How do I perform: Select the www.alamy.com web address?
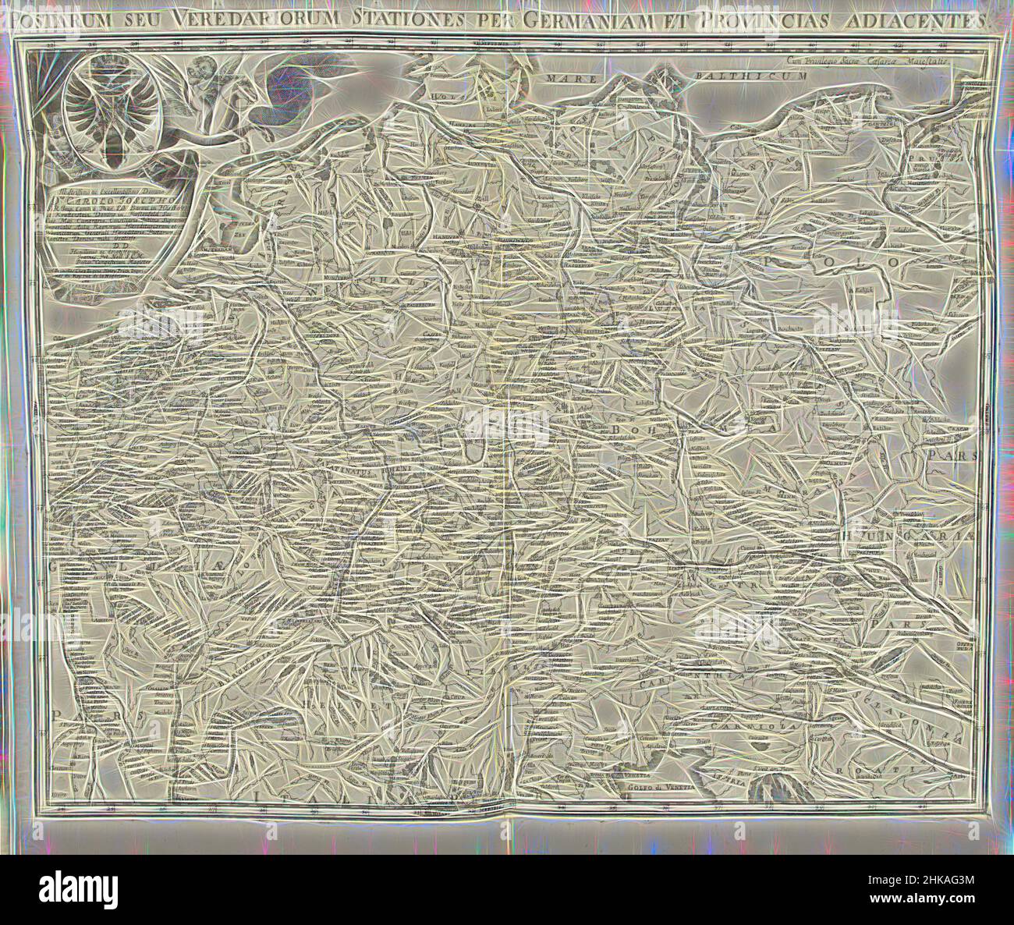(x=905, y=906)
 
